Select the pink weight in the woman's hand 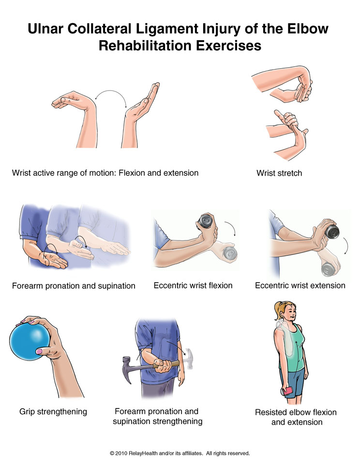tap(288, 391)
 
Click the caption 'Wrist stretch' tap(279, 173)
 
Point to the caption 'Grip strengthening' tap(53, 412)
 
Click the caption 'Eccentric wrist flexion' tap(193, 286)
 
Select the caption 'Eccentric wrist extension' tap(300, 286)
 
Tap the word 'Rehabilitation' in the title tap(145, 46)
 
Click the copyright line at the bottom tap(180, 453)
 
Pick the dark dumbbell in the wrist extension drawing tap(332, 231)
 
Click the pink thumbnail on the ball tap(39, 351)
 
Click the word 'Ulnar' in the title tap(45, 29)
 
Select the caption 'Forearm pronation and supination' tap(74, 286)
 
